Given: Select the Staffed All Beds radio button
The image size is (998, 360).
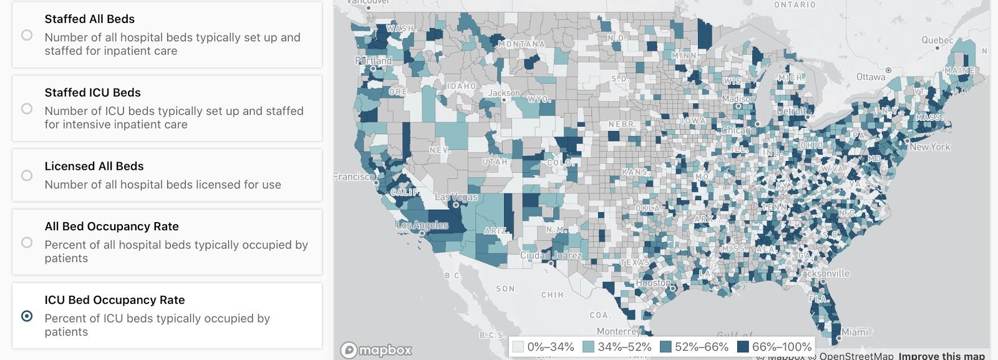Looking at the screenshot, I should pos(27,35).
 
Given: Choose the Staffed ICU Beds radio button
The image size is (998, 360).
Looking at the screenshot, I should pos(27,109).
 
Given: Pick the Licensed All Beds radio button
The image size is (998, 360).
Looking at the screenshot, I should pos(27,175).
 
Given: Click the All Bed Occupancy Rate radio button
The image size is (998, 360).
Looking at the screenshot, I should pos(27,242).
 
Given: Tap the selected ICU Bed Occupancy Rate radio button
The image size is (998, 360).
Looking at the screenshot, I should pos(27,316).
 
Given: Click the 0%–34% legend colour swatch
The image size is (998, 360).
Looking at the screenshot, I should pos(518,347).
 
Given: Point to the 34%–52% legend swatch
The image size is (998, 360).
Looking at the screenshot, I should pos(588,347).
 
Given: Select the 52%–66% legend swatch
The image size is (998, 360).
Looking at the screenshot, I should pos(666,347).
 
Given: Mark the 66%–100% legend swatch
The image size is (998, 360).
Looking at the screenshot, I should pos(743,347).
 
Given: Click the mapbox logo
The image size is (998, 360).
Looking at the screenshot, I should pos(376,350).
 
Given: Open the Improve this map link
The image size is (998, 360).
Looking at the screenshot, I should pos(941,356).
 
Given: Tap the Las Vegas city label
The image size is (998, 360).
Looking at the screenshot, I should pos(456,197).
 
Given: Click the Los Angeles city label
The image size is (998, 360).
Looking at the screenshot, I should pos(422,225).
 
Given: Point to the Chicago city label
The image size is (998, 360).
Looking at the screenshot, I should pos(739,130).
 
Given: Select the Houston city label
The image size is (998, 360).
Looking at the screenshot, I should pos(653,283).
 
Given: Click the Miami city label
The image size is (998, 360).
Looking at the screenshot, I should pos(855,332).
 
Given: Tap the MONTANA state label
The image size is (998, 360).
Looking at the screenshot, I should pos(521,44).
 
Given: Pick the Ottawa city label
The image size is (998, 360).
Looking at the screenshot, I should pos(871,77).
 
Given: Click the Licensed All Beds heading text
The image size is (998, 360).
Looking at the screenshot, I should pos(94,166).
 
